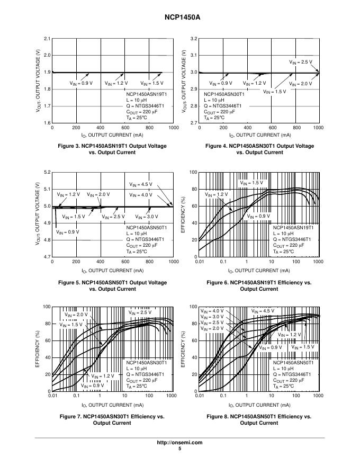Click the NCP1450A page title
coord(179,17)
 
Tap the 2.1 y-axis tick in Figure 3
coord(47,39)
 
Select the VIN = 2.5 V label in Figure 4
coord(300,62)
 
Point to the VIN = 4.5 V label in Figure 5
coord(141,184)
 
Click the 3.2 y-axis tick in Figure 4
coord(194,39)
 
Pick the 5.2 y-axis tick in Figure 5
coord(47,173)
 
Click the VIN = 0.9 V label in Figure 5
coord(68,232)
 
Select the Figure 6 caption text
coord(259,286)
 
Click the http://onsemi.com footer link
coord(179,442)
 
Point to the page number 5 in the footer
coord(179,449)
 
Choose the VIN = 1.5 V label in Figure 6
coord(251,183)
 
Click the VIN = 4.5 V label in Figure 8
coord(263,311)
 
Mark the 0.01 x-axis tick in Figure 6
coord(200,262)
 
